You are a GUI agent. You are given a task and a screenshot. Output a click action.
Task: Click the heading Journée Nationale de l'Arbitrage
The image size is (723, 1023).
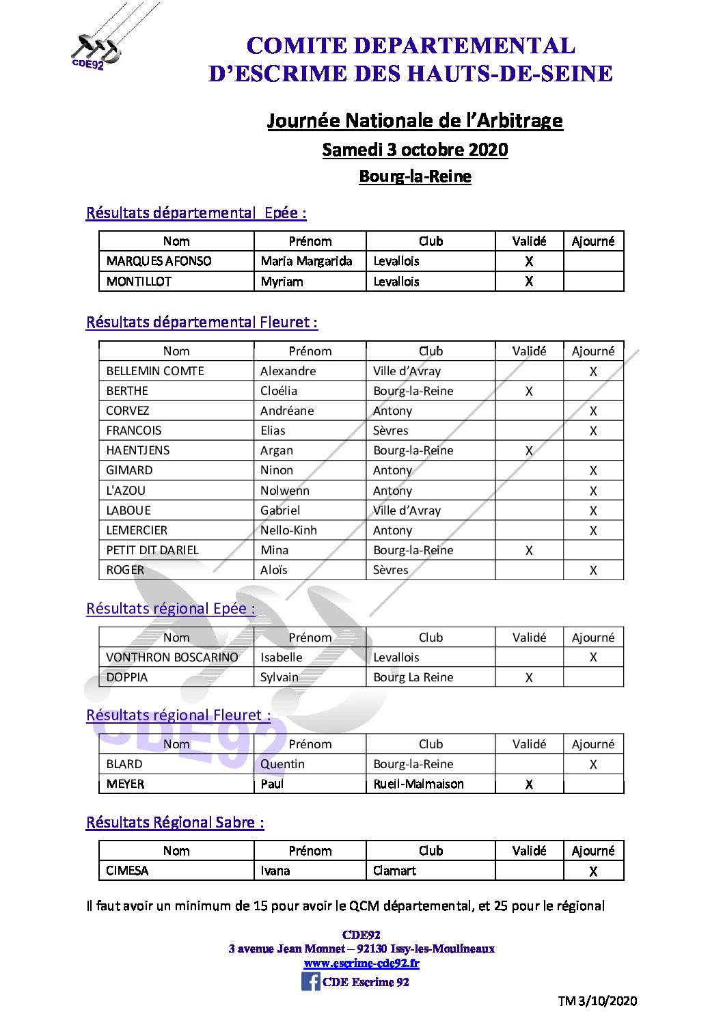click(x=415, y=121)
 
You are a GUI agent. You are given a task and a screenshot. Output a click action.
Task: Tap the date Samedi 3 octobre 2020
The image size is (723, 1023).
click(x=415, y=150)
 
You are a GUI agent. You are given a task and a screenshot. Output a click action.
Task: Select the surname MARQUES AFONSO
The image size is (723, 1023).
click(x=159, y=261)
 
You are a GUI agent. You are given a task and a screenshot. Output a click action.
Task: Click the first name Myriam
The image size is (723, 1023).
click(x=282, y=282)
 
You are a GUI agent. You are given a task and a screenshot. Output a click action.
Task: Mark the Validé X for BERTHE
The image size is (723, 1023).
click(x=529, y=392)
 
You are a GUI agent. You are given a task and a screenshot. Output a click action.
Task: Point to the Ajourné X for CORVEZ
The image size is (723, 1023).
click(x=593, y=411)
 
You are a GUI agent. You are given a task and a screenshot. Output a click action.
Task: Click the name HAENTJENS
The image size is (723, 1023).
click(x=138, y=450)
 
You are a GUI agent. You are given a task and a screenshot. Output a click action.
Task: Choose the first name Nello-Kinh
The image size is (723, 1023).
click(x=288, y=530)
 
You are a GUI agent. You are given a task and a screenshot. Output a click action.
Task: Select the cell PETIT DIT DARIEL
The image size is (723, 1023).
click(x=152, y=550)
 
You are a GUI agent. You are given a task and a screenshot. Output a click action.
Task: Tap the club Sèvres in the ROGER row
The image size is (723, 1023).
click(x=390, y=570)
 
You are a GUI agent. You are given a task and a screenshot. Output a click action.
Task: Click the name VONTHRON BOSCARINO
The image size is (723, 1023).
click(x=172, y=657)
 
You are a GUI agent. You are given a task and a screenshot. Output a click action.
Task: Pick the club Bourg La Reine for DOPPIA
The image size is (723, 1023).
click(x=413, y=677)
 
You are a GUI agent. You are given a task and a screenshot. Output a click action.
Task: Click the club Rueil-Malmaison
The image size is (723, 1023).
click(x=418, y=784)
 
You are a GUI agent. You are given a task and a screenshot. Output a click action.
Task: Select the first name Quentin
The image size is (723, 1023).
click(x=282, y=764)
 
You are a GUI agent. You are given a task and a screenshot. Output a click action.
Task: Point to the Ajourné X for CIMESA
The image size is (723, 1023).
click(x=593, y=871)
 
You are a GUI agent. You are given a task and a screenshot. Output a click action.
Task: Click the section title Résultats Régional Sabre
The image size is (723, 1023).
click(x=175, y=822)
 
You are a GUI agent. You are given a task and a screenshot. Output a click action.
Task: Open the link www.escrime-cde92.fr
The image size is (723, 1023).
click(x=361, y=963)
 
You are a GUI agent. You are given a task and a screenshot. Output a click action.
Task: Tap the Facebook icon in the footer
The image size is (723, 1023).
click(x=310, y=981)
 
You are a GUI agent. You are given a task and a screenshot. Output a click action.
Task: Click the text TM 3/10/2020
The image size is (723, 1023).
click(x=597, y=1001)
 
